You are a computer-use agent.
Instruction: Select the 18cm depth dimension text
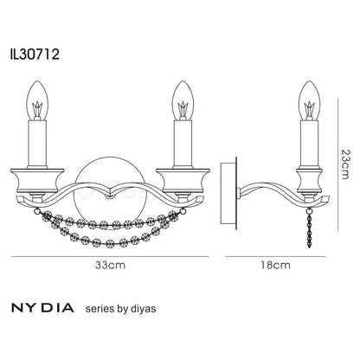(276, 266)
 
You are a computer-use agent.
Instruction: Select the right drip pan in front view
(183, 186)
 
